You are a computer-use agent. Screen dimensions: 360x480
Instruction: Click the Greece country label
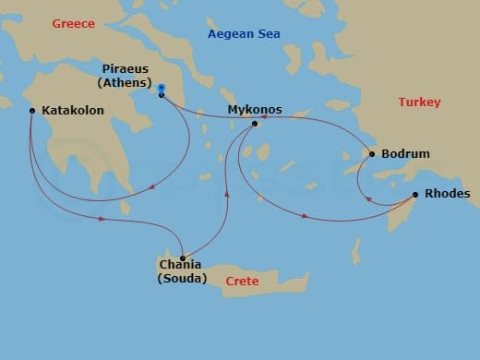pyautogui.click(x=75, y=22)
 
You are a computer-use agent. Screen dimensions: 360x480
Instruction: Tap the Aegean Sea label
pyautogui.click(x=244, y=34)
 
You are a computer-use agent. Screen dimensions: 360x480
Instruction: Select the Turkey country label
pyautogui.click(x=419, y=102)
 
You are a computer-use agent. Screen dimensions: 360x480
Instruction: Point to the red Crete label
pyautogui.click(x=242, y=281)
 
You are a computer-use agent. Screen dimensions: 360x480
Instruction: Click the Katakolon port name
pyautogui.click(x=73, y=111)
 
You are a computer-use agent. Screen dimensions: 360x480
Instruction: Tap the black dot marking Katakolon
pyautogui.click(x=32, y=111)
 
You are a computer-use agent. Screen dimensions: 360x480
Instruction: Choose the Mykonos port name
pyautogui.click(x=255, y=110)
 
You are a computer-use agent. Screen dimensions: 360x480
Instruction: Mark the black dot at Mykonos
pyautogui.click(x=255, y=123)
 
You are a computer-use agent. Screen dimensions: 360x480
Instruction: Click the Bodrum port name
pyautogui.click(x=405, y=153)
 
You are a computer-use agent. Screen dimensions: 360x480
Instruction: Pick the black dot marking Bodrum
pyautogui.click(x=372, y=153)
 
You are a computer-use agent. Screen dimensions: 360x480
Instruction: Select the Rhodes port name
pyautogui.click(x=447, y=194)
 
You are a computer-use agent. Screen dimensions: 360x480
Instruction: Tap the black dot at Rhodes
pyautogui.click(x=415, y=194)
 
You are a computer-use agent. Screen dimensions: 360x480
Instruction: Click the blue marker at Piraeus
pyautogui.click(x=162, y=90)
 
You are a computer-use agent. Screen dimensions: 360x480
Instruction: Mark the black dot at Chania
pyautogui.click(x=183, y=258)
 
